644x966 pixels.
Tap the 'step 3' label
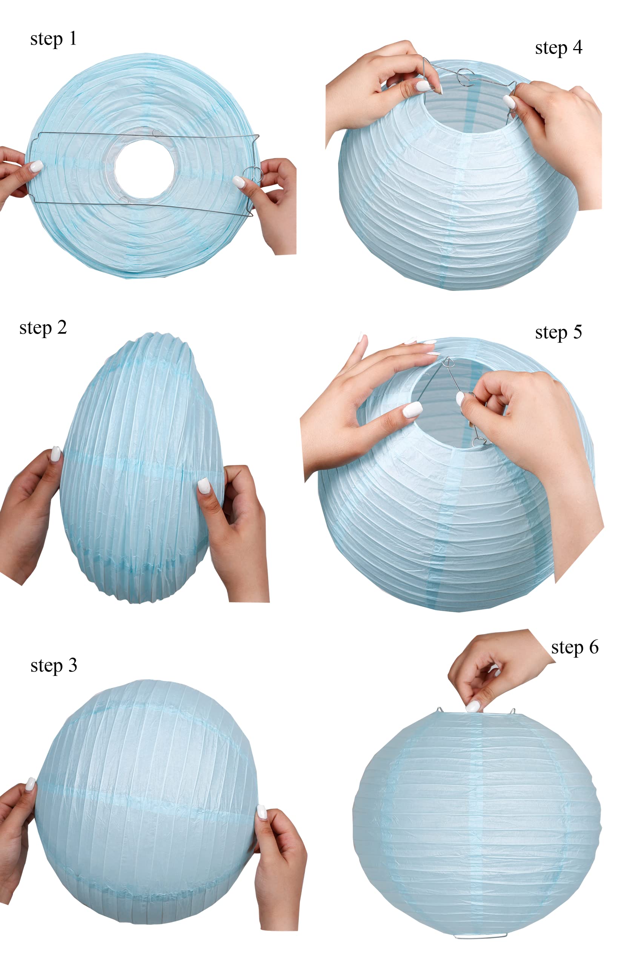[x=54, y=666]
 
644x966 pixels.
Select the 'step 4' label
[x=559, y=48]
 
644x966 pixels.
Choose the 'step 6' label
[x=575, y=648]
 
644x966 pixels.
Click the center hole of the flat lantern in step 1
[x=144, y=169]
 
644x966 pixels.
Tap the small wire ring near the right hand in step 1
[x=252, y=174]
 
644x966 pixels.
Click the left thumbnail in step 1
[x=36, y=166]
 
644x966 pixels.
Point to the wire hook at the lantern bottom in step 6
[x=480, y=937]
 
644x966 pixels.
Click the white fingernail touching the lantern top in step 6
[x=473, y=706]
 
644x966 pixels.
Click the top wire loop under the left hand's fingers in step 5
[x=448, y=362]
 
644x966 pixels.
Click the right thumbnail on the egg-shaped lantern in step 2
[x=204, y=486]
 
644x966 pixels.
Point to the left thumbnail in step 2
[x=55, y=454]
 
